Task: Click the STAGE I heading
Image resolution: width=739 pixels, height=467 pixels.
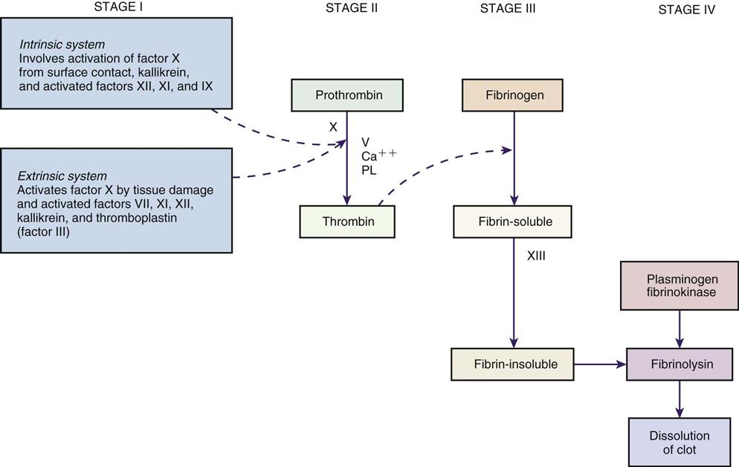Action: [x=117, y=8]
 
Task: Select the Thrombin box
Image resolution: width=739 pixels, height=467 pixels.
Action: [x=348, y=222]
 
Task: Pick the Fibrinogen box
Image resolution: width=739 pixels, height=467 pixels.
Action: [x=514, y=95]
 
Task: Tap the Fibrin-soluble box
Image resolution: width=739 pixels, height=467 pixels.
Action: [x=514, y=222]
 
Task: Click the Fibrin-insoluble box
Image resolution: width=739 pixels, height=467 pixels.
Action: [x=514, y=364]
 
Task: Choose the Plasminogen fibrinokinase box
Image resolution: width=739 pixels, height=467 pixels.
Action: [x=680, y=285]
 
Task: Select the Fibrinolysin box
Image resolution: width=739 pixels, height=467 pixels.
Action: [x=680, y=364]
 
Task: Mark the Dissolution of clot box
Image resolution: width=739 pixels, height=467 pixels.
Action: [x=680, y=442]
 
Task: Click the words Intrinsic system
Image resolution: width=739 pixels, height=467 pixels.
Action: [x=62, y=44]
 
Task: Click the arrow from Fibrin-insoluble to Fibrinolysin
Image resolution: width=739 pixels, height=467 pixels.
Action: [x=601, y=364]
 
